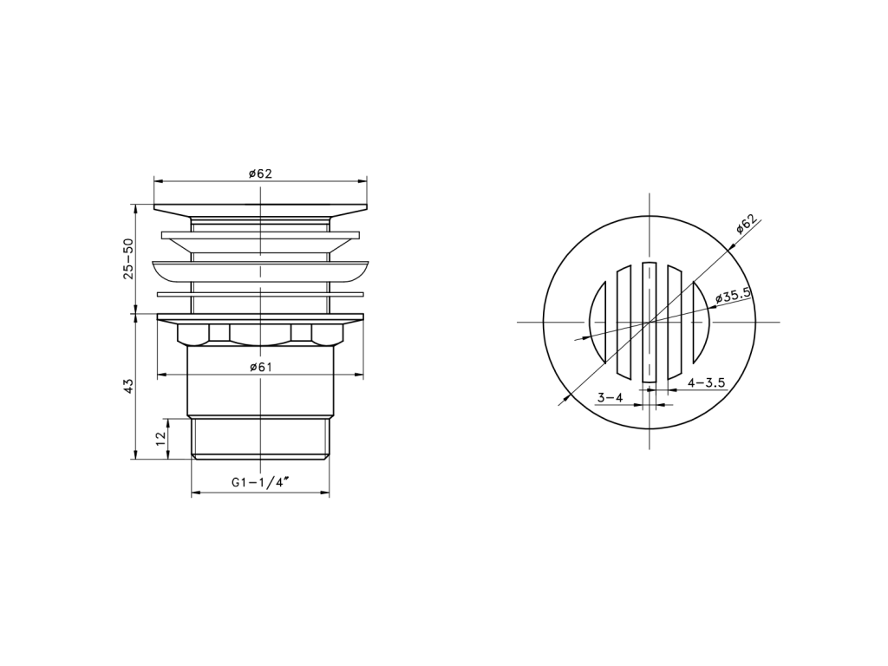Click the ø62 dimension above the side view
(x=260, y=173)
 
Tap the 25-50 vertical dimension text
(x=128, y=258)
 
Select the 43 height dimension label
(x=128, y=386)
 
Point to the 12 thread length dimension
(x=160, y=437)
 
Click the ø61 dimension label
(x=261, y=367)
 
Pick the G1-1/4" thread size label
(x=260, y=482)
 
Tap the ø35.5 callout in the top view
(x=733, y=295)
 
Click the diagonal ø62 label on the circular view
(x=746, y=224)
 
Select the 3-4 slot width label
(x=610, y=397)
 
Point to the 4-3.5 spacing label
(x=706, y=382)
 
